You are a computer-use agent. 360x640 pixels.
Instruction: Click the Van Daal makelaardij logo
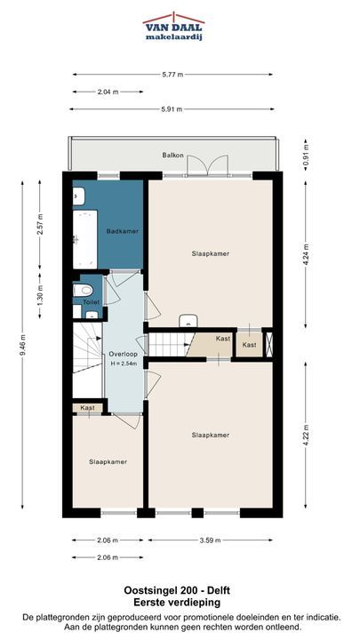[x=173, y=27]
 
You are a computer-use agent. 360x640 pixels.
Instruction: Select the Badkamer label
[x=122, y=231]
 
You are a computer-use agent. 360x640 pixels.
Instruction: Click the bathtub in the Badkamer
[x=85, y=239]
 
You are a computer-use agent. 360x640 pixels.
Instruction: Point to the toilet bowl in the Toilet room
[x=83, y=290]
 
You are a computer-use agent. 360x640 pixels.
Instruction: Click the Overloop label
[x=123, y=354]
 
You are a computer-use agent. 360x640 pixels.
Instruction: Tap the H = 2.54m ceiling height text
[x=123, y=363]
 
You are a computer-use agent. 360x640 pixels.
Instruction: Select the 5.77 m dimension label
[x=172, y=75]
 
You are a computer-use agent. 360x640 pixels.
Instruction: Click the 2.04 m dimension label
[x=108, y=92]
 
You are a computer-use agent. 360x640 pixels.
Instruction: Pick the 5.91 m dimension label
[x=172, y=109]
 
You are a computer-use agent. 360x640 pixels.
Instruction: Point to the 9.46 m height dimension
[x=22, y=345]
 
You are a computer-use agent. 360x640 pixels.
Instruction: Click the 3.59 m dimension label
[x=210, y=540]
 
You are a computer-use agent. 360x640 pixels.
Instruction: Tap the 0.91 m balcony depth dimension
[x=306, y=154]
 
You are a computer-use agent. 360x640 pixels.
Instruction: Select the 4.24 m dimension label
[x=306, y=254]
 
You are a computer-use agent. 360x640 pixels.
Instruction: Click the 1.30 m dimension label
[x=40, y=295]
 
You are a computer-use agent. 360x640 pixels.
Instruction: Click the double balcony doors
[x=207, y=166]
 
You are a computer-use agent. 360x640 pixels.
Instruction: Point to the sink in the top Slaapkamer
[x=188, y=320]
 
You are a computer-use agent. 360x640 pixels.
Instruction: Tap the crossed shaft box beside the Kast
[x=268, y=344]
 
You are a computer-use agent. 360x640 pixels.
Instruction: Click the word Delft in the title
[x=219, y=590]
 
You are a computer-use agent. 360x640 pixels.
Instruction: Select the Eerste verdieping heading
[x=177, y=602]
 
